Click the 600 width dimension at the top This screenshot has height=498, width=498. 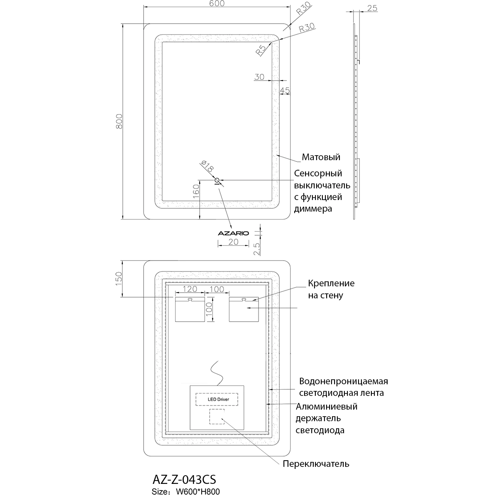point(216,4)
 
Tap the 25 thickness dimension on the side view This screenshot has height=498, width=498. point(372,8)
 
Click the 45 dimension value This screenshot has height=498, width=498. point(284,90)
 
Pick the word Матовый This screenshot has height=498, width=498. point(321,157)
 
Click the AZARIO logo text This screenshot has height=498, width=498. point(233,233)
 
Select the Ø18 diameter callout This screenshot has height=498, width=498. point(207,167)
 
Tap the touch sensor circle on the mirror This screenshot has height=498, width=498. point(217,180)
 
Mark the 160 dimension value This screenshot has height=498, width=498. point(196,192)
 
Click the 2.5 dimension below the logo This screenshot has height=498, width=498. point(256,249)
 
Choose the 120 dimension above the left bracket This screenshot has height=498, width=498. point(190,288)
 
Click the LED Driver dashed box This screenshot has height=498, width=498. point(218,399)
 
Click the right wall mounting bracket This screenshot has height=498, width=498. point(244,309)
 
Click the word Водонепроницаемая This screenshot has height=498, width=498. point(344,381)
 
